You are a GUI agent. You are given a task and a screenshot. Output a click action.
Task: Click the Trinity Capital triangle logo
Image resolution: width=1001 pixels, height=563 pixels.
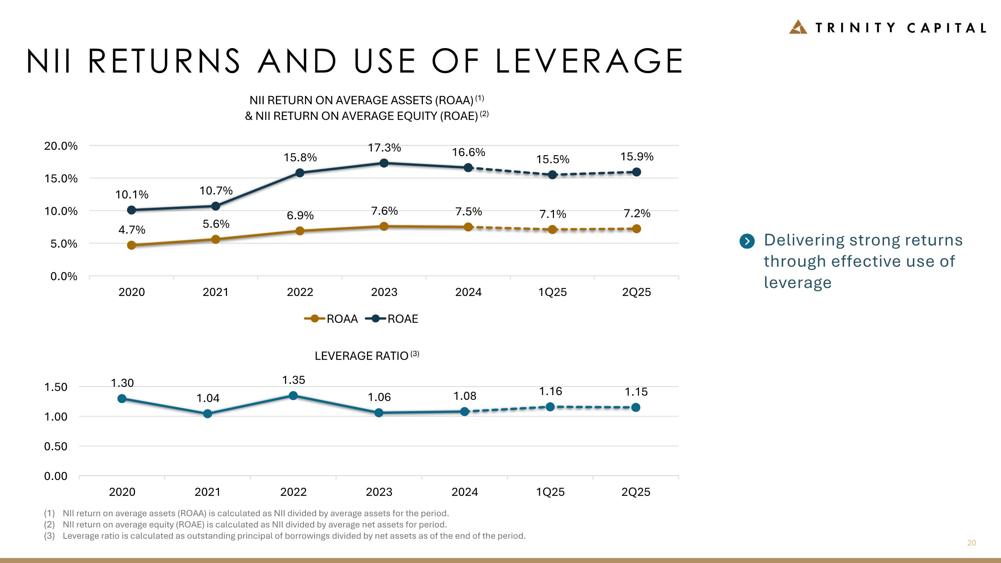pos(798,27)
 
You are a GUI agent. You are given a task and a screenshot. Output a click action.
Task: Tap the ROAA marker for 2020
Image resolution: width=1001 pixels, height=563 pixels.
pos(132,245)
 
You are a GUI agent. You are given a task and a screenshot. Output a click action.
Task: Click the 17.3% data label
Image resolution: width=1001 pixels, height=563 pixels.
pos(384,148)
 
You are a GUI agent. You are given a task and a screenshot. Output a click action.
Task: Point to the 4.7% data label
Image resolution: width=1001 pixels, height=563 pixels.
pos(132,230)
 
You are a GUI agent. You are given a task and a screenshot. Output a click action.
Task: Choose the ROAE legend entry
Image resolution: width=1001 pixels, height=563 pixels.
pos(392,319)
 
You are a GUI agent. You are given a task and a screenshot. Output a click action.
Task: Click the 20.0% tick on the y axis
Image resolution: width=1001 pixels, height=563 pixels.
pos(61,146)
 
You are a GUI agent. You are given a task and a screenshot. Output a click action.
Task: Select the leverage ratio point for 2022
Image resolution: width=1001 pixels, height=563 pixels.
pos(293,395)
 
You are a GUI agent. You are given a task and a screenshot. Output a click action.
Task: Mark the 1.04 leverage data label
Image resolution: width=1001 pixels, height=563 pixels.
pos(208,398)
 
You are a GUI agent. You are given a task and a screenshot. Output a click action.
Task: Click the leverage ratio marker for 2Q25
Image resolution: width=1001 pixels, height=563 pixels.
pos(636,407)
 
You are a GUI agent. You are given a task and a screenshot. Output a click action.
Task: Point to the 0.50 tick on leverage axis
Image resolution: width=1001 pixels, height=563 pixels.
pos(56,447)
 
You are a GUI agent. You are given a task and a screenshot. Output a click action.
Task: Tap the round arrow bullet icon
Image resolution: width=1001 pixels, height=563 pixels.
pos(747,241)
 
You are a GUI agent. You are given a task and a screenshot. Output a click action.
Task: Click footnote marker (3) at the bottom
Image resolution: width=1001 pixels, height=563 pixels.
pos(49,536)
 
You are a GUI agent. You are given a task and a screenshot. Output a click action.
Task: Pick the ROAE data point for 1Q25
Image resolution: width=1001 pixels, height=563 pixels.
pos(552,175)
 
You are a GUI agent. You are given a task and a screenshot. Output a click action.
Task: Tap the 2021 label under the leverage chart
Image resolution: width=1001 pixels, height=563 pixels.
pos(208,492)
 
